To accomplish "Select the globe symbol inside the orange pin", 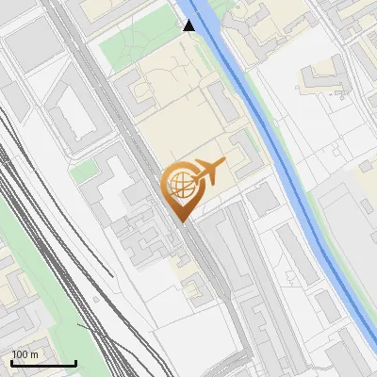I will click(180, 183).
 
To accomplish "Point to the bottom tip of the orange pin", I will click(181, 221).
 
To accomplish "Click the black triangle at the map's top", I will click(189, 25).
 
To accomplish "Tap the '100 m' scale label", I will click(25, 354).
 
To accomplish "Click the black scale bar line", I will click(43, 364).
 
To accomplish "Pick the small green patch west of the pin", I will click(83, 171).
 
